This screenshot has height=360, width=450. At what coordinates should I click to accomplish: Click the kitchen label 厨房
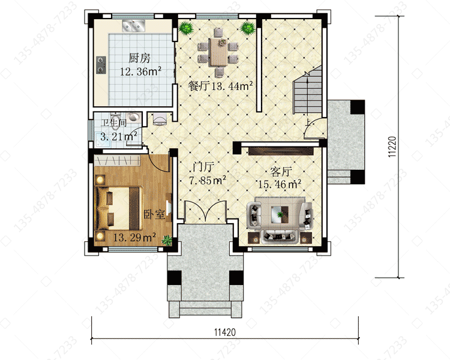coord(139,58)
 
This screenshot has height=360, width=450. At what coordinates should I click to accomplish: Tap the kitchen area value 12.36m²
coord(140,71)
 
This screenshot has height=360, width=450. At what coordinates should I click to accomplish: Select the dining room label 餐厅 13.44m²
coord(220,86)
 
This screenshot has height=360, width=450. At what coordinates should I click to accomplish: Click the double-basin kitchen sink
coord(133,26)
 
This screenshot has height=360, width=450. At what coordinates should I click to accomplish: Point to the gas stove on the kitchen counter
coord(101,65)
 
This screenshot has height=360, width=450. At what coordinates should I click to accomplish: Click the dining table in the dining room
coord(218,52)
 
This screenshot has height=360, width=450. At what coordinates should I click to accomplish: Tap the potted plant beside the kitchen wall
coord(186,28)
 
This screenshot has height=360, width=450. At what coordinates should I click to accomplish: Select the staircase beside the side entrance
coord(307,91)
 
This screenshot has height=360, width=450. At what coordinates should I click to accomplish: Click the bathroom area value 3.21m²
coord(119,136)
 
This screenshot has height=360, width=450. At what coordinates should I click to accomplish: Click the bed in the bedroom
coord(119,208)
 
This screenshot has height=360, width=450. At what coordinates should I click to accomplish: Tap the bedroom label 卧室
coord(154,214)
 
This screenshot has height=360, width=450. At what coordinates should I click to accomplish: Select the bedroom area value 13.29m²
coord(134,238)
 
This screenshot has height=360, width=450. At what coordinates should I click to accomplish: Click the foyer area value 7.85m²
coord(207,180)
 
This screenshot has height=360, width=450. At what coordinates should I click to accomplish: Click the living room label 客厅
coord(281,172)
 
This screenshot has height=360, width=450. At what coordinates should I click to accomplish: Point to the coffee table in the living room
coord(280,214)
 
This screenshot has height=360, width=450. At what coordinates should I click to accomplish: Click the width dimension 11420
coord(225,332)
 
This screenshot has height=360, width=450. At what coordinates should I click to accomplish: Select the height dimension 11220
coord(392,146)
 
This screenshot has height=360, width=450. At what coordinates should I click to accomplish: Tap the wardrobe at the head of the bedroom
coord(117,160)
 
